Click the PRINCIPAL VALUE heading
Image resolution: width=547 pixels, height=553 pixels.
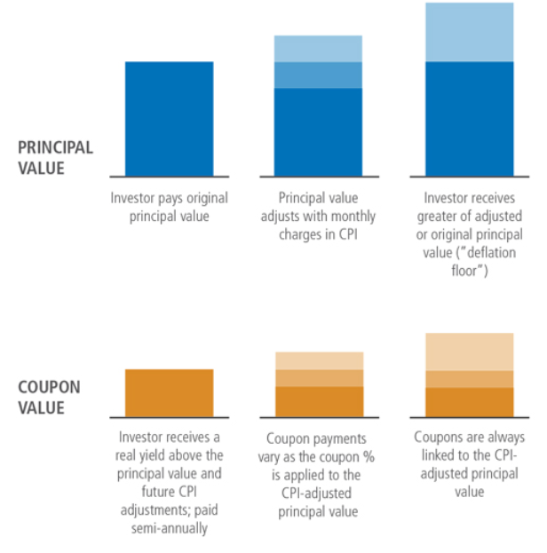tap(55, 157)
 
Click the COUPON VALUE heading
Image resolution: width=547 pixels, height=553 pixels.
tap(49, 398)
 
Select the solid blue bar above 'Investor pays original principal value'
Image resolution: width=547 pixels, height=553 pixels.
tap(169, 118)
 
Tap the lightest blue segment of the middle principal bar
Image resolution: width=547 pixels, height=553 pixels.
tap(318, 49)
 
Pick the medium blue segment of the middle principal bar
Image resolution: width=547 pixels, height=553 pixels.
tap(318, 75)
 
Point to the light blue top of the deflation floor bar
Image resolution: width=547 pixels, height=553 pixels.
tap(469, 32)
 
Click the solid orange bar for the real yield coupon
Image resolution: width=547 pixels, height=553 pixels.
tap(169, 392)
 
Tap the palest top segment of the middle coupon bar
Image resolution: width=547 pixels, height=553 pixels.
tap(319, 360)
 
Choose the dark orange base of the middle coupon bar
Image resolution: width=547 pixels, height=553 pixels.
tap(319, 401)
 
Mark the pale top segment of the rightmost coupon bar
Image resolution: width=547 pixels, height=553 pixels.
tap(469, 352)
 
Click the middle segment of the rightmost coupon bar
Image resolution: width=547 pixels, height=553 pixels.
tap(469, 379)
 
